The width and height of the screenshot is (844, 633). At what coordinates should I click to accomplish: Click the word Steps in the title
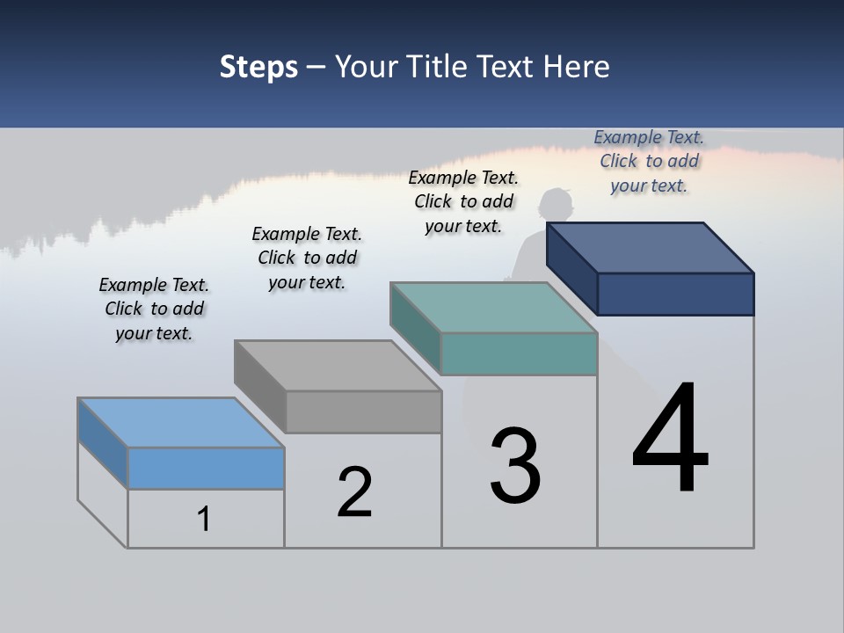[x=258, y=67]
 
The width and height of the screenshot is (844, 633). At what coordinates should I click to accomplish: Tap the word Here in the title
[x=577, y=67]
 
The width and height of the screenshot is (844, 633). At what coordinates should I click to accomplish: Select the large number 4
[x=670, y=440]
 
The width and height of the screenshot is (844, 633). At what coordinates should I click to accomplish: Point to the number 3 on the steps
[x=515, y=466]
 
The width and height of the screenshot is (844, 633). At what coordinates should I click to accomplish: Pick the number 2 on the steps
[x=354, y=492]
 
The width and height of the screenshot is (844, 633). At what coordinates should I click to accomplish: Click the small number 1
[x=204, y=519]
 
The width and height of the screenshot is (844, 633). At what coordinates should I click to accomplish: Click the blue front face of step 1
[x=206, y=468]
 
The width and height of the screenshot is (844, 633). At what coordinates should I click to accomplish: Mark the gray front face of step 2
[x=363, y=411]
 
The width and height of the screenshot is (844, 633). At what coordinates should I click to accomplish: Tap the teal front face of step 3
[x=519, y=353]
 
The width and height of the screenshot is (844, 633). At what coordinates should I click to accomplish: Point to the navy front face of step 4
[x=675, y=294]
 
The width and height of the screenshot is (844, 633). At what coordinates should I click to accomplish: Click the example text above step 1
[x=154, y=309]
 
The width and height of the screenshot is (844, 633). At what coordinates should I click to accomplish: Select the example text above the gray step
[x=307, y=258]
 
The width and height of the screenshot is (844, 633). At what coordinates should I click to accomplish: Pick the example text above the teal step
[x=463, y=201]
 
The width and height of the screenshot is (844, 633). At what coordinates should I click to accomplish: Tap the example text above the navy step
[x=649, y=161]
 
